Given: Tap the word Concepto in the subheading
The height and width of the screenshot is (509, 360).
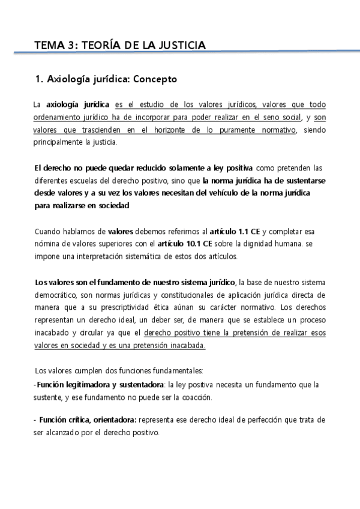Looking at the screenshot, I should [x=155, y=79].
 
